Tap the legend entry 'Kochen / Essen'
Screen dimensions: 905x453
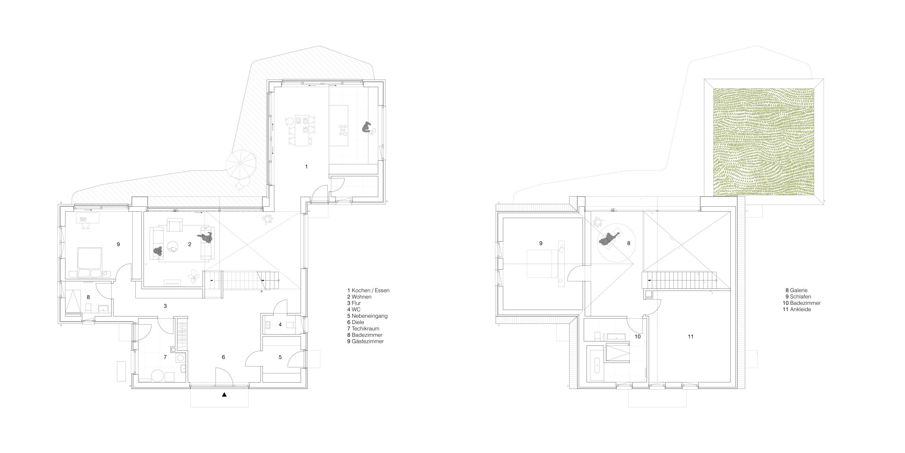click(370, 290)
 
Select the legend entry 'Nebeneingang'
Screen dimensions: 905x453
click(370, 316)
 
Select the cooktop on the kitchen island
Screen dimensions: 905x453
click(342, 130)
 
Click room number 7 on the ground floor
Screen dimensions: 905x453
click(165, 357)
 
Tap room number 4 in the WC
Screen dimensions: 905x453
click(280, 324)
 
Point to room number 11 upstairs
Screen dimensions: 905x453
click(690, 337)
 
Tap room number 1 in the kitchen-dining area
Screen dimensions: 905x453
click(306, 166)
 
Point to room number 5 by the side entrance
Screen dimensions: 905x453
click(280, 357)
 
